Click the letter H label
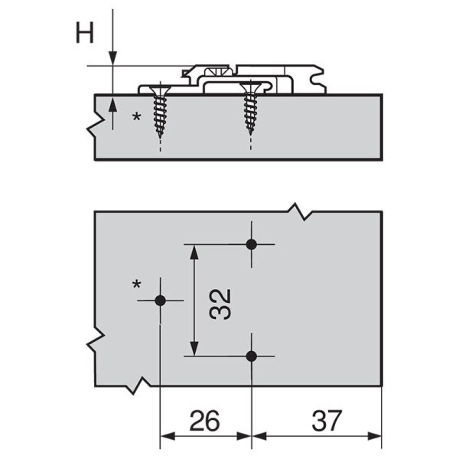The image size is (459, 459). pos(85,33)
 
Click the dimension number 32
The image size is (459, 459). pos(220,304)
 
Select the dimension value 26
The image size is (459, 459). pos(204,421)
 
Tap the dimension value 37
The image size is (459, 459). pos(327,421)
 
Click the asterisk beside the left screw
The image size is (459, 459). pos(137,118)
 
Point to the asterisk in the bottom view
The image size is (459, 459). pos(137,285)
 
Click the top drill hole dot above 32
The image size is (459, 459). pos(251,245)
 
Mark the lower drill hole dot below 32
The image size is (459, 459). pos(251,356)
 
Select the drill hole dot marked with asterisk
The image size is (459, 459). pos(161,301)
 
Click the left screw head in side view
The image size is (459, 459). pos(160,90)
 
